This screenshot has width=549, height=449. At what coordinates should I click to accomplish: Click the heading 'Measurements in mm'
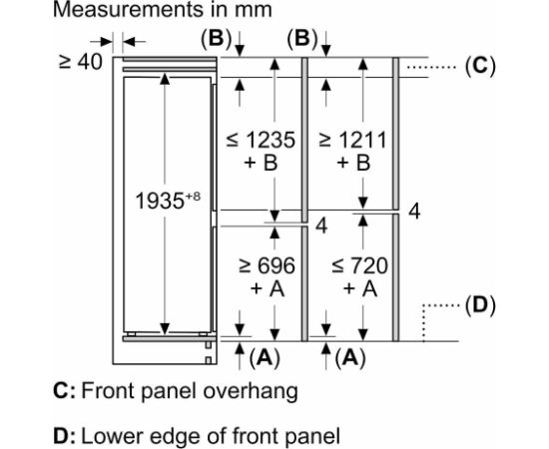point(163,9)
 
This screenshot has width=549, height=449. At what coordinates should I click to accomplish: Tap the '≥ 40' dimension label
point(81,62)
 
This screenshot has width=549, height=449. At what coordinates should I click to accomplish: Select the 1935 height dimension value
point(160,202)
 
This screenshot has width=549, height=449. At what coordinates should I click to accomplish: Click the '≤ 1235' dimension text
point(261,140)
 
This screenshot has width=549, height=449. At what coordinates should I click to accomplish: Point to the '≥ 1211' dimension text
point(353,140)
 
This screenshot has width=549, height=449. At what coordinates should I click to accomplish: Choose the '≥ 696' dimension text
point(268,265)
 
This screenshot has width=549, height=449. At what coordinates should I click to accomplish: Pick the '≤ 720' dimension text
point(359,265)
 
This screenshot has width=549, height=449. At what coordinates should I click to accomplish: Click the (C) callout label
point(480,66)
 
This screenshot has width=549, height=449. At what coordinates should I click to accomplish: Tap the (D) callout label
point(480,305)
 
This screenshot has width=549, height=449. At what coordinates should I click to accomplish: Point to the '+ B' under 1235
point(262,163)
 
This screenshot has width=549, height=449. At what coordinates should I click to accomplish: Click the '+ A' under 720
point(360,289)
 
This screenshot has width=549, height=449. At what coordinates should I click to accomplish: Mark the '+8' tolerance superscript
point(193,196)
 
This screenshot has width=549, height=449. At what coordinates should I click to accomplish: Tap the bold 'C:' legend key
point(65,391)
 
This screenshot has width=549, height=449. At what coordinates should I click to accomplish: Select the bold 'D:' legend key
point(65,436)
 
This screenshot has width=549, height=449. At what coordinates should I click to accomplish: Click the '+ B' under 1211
point(353,163)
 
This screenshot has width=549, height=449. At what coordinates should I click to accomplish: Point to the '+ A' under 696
point(268,289)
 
